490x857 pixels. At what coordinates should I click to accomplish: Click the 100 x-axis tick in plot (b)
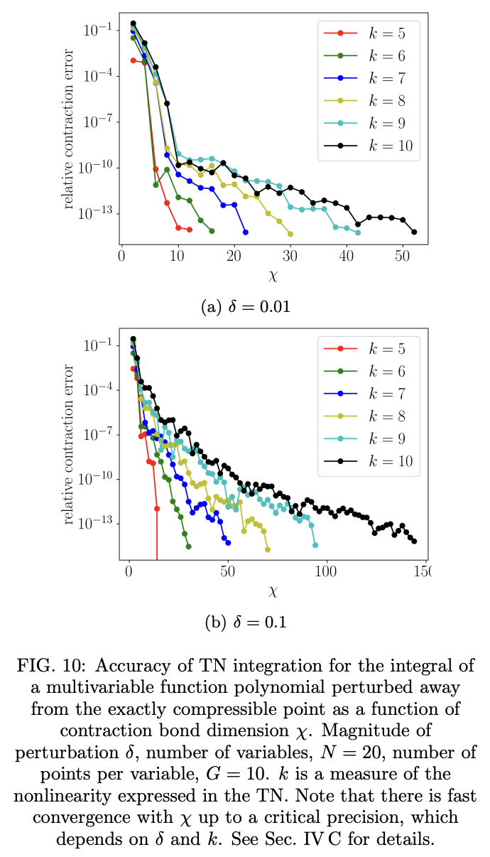coord(326,572)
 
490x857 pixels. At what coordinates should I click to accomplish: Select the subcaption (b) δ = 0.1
coord(246,622)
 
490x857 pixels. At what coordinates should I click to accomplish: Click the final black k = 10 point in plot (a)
coord(414,232)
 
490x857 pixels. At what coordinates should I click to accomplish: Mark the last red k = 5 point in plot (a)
coord(189,230)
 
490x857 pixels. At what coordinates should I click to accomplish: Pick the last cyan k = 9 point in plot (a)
coord(358,232)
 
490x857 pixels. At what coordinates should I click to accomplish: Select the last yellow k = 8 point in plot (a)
coord(290,234)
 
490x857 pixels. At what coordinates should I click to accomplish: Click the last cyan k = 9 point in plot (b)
coord(315,546)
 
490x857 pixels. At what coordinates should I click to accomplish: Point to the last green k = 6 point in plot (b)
coord(188,546)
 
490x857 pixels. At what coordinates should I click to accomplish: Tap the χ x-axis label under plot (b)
coord(273,591)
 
